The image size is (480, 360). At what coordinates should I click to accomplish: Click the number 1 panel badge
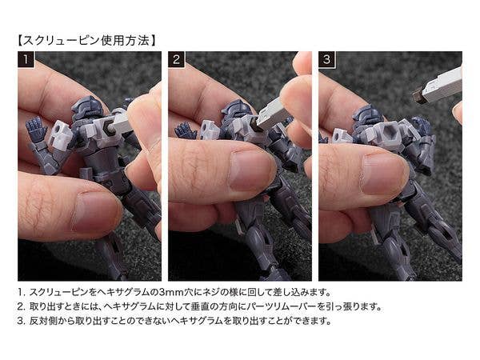(x=26, y=59)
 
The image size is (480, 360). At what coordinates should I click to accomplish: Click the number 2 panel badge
(x=176, y=59)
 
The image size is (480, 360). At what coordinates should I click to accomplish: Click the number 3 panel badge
(x=327, y=59)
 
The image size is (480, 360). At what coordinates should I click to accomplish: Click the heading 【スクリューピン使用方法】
(x=86, y=41)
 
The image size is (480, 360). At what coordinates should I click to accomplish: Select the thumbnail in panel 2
(x=250, y=170)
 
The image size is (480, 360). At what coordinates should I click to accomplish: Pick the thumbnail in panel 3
(x=383, y=174)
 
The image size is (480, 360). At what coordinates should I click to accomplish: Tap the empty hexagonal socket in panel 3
(x=388, y=133)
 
